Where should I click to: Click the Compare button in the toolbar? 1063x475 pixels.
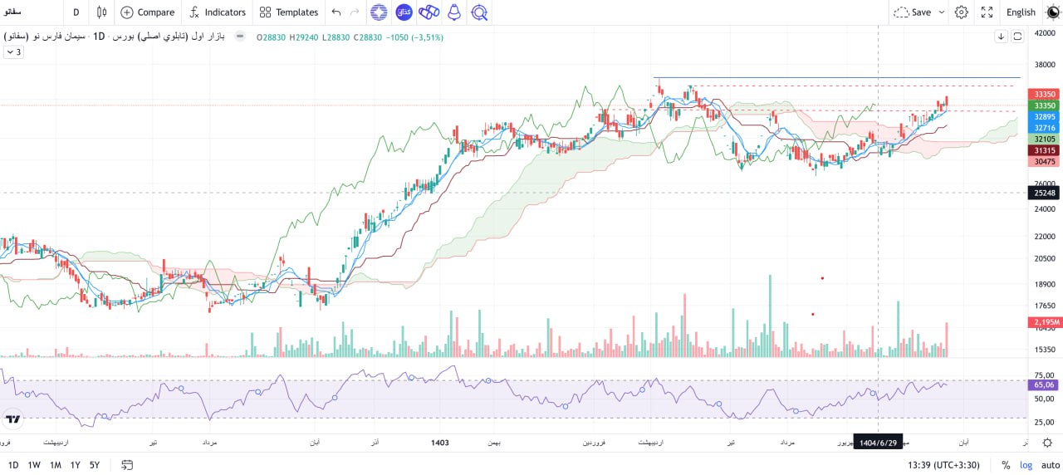[x=148, y=12]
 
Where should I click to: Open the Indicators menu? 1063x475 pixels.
[x=218, y=12]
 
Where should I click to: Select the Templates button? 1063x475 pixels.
[x=288, y=12]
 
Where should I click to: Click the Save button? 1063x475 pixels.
[x=920, y=12]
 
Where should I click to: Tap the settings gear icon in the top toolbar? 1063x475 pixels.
[x=962, y=12]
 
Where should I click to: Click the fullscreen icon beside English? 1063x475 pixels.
[x=987, y=12]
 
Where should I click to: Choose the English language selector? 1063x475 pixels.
[x=1021, y=12]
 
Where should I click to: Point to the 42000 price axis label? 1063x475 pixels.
[x=1044, y=33]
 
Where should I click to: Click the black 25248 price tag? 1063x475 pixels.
[x=1043, y=193]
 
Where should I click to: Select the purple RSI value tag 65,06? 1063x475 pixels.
[x=1043, y=384]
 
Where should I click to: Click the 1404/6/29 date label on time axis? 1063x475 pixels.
[x=879, y=443]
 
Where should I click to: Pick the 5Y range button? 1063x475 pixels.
[x=95, y=465]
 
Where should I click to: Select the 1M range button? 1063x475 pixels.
[x=55, y=465]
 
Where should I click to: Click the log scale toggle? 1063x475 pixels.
[x=1026, y=465]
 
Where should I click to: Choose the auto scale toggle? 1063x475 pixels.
[x=1050, y=465]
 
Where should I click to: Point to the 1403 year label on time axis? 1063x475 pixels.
[x=440, y=443]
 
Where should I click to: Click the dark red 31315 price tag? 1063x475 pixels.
[x=1043, y=150]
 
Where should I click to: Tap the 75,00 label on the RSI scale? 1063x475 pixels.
[x=1044, y=375]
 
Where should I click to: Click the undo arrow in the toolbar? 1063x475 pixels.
[x=336, y=12]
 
